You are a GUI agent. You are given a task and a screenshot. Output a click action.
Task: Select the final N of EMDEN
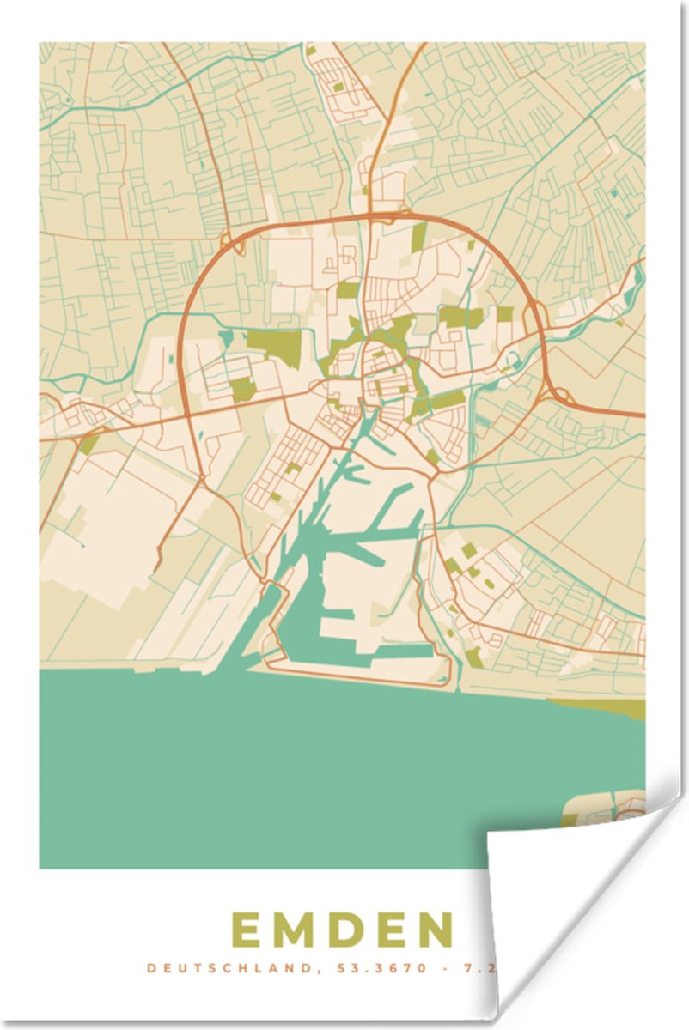438,930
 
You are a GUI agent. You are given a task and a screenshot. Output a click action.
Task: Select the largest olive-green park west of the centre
275,344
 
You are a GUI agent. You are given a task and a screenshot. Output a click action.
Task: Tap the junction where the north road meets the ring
371,215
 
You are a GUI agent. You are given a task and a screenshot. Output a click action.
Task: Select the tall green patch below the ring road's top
418,236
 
